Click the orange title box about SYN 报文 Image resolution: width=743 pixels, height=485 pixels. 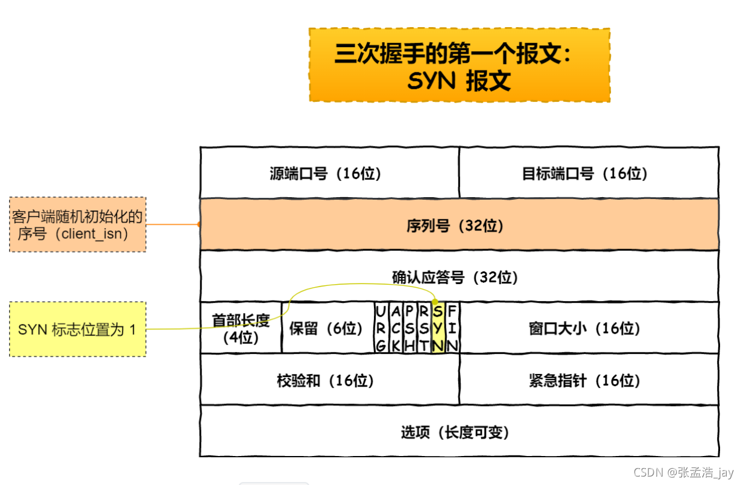point(459,65)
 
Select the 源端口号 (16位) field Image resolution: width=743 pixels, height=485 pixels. point(329,174)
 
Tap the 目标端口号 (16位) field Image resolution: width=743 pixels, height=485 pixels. point(588,174)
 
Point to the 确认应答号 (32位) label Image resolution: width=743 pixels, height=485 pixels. point(455,277)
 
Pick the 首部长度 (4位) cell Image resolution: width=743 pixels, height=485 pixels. point(241,328)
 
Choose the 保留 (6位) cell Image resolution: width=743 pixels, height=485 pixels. point(326,329)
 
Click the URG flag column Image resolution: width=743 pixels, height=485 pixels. point(380,328)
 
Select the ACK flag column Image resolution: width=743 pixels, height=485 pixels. point(394,328)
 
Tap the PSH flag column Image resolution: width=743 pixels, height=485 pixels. point(409,328)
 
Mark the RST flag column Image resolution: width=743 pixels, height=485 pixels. point(423,328)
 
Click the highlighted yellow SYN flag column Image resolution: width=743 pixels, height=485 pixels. point(438,328)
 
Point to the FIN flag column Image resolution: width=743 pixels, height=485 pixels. point(452,328)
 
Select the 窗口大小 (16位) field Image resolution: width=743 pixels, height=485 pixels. point(588,329)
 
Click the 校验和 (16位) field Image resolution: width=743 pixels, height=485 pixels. point(329,381)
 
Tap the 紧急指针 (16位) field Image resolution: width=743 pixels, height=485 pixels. point(588,381)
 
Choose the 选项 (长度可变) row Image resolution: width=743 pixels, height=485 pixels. point(459,433)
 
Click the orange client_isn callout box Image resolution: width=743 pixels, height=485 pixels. point(77,224)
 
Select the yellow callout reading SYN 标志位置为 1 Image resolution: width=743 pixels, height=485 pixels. point(77,329)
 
